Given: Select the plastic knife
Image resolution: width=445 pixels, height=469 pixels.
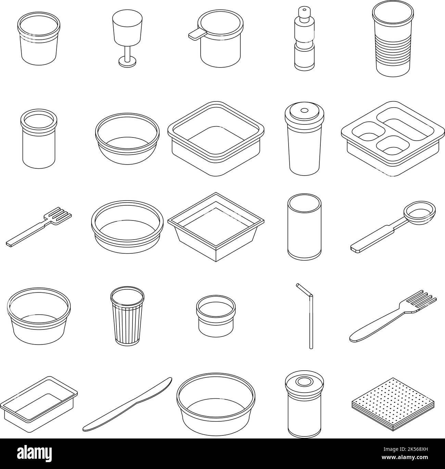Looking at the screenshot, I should click(127, 405).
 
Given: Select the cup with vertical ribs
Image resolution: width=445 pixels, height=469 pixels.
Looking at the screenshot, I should click(127, 315).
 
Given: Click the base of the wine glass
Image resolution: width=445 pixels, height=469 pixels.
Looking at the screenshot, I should click(127, 61).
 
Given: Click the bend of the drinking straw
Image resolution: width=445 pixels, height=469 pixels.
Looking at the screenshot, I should click(310, 295).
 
